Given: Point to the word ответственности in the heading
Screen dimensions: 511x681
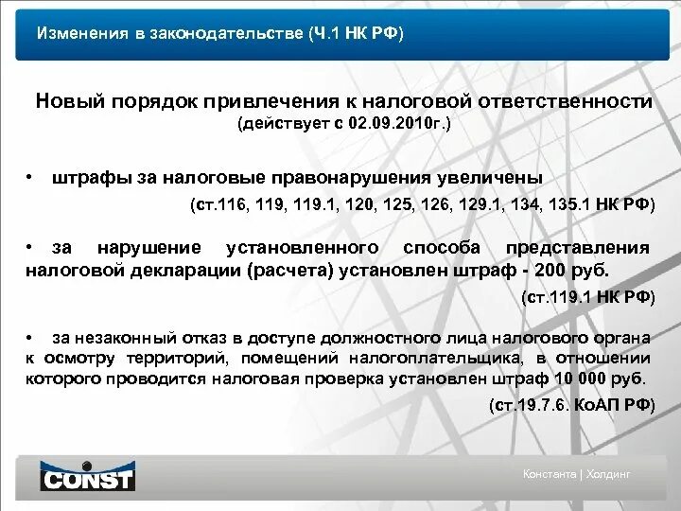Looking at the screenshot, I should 573,101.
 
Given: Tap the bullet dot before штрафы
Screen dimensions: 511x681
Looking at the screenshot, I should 31,177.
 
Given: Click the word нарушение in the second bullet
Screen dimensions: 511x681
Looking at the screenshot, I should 149,248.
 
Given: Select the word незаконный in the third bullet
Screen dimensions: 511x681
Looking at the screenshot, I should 119,337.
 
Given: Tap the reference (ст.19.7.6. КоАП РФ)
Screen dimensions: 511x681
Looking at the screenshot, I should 571,405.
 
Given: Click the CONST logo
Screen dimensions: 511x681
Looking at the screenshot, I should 88,476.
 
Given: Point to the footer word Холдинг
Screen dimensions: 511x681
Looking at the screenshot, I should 611,474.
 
